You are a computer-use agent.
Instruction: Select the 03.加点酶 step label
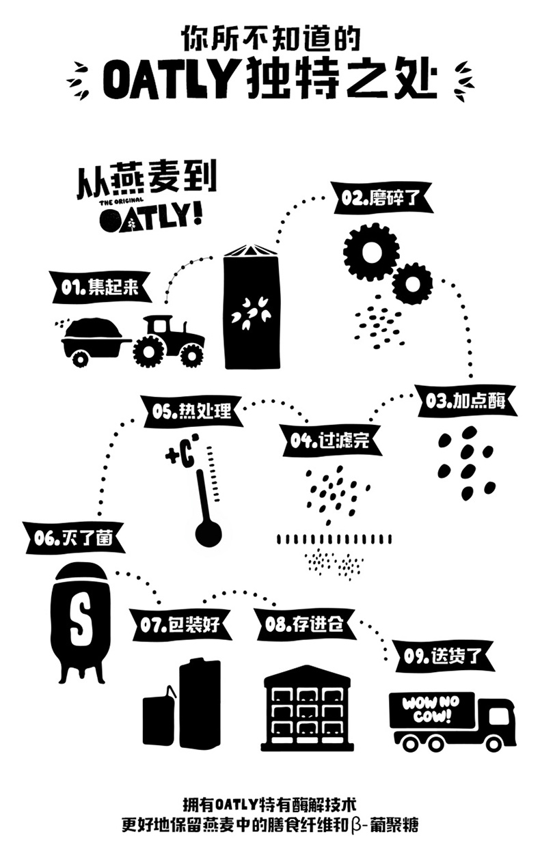(x=465, y=401)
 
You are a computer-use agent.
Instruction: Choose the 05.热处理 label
(x=191, y=412)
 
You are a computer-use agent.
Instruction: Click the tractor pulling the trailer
(x=168, y=339)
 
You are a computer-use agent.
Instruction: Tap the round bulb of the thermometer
(x=208, y=533)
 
